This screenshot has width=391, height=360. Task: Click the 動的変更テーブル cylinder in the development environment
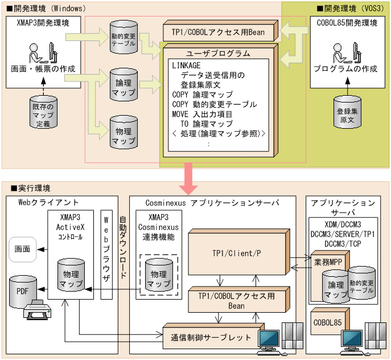click(123, 38)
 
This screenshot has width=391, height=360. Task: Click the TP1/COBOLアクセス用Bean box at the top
click(219, 32)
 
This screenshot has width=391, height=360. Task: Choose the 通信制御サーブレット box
click(211, 337)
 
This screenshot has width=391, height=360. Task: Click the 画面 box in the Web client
click(23, 248)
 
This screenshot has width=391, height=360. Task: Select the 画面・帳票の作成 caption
click(43, 69)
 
